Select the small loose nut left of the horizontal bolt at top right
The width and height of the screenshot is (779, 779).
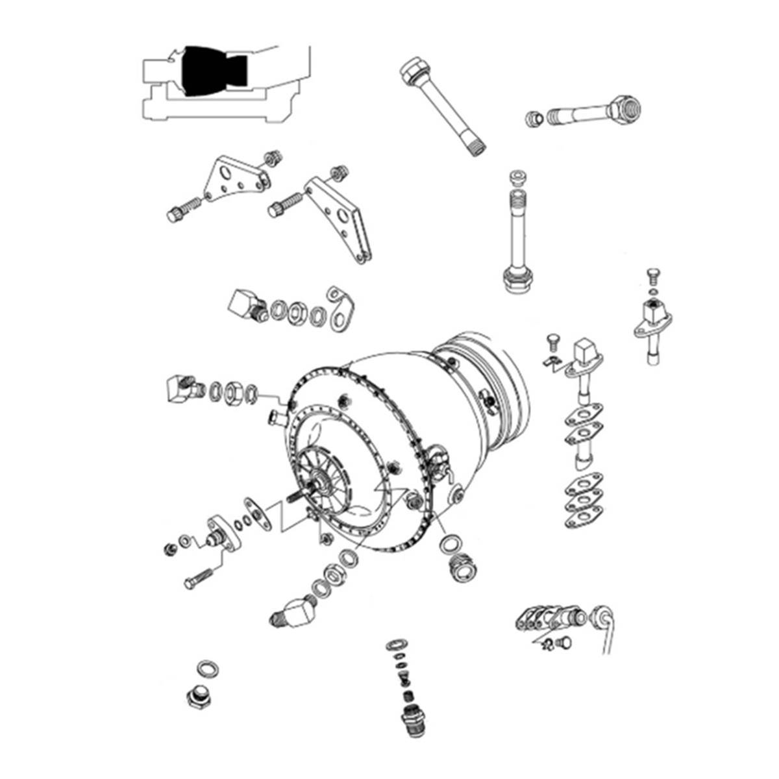click(534, 119)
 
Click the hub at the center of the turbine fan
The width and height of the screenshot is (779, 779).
click(320, 484)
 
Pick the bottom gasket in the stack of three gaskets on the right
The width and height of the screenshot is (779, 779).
click(583, 521)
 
